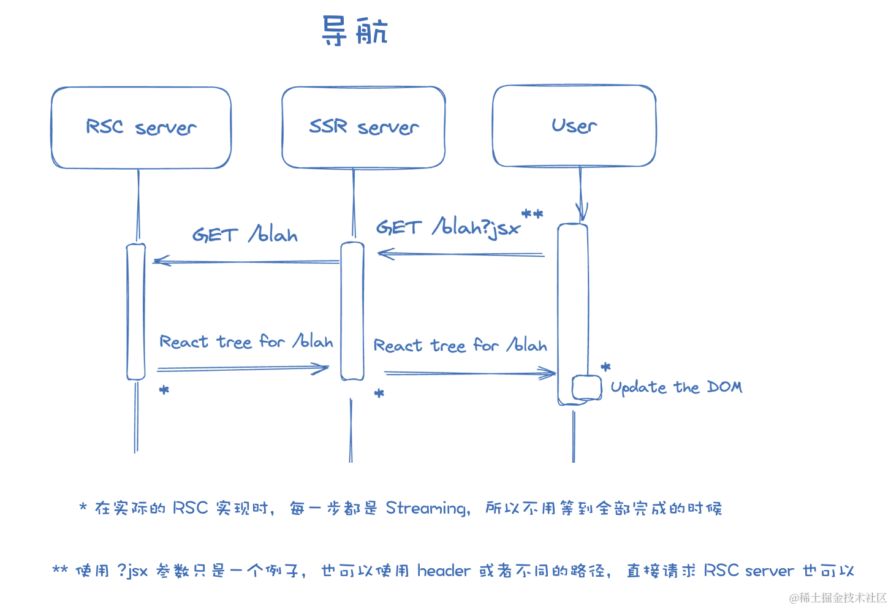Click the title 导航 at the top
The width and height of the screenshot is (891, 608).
click(355, 31)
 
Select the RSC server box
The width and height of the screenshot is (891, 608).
click(141, 127)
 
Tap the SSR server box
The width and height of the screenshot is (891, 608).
click(363, 127)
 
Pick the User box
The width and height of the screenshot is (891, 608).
click(574, 126)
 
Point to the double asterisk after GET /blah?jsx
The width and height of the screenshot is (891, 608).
click(532, 215)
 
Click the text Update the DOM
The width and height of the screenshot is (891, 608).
click(676, 387)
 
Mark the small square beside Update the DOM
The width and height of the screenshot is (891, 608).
click(586, 388)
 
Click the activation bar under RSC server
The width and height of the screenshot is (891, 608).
click(136, 311)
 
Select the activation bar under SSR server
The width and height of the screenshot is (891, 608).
click(352, 311)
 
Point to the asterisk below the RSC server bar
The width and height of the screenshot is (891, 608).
click(164, 390)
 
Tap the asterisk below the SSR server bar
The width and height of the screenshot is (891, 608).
click(379, 393)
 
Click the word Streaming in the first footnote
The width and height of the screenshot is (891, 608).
click(427, 508)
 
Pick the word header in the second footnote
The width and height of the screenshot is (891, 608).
click(444, 571)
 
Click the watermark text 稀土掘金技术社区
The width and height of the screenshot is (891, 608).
click(842, 598)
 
